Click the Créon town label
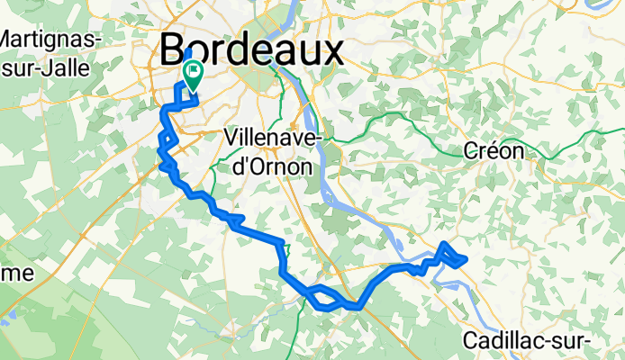tap(493, 151)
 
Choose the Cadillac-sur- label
tap(527, 341)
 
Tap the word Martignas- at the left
tap(50, 39)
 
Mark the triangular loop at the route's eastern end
tap(452, 256)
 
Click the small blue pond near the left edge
tap(10, 318)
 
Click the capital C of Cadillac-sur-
tap(472, 341)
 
